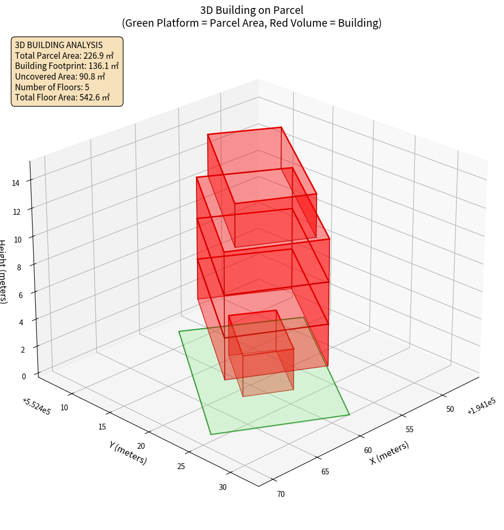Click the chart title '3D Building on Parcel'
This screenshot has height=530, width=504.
(251, 10)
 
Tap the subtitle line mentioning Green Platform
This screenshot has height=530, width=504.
(251, 23)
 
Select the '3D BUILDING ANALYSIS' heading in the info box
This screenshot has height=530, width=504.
(59, 45)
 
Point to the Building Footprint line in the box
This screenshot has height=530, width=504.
(66, 66)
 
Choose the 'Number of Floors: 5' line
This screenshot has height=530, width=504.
(52, 87)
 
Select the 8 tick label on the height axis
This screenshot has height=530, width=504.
(19, 267)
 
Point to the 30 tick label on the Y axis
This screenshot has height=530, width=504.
(222, 487)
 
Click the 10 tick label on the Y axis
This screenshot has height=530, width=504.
(64, 408)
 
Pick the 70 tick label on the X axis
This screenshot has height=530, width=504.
(281, 494)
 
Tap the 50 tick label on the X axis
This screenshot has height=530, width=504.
(450, 409)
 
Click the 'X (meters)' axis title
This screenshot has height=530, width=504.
(389, 453)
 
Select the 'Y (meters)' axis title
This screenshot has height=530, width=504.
(128, 452)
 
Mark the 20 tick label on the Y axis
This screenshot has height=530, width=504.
(141, 446)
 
